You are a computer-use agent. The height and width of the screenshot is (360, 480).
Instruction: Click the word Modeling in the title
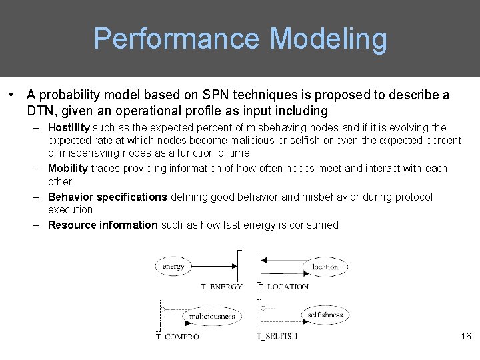click(x=329, y=39)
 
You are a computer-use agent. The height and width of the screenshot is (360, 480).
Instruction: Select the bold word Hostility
click(x=69, y=127)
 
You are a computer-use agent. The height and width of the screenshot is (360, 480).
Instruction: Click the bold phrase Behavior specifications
click(x=107, y=197)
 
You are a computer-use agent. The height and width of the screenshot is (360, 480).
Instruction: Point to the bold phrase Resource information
click(x=103, y=225)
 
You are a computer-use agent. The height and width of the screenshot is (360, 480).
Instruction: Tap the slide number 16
click(x=465, y=336)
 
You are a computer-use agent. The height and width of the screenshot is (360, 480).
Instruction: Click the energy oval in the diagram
click(x=173, y=267)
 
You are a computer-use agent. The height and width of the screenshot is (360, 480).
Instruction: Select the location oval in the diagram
click(x=325, y=267)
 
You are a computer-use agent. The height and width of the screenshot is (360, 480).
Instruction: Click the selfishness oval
click(x=325, y=315)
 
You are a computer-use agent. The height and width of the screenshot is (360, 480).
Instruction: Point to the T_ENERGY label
click(x=222, y=287)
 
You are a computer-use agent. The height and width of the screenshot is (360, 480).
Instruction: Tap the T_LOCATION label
click(x=283, y=287)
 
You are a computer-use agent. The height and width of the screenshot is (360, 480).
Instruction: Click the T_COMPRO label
click(x=178, y=337)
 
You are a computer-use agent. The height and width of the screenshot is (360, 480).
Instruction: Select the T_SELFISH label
click(x=277, y=336)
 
